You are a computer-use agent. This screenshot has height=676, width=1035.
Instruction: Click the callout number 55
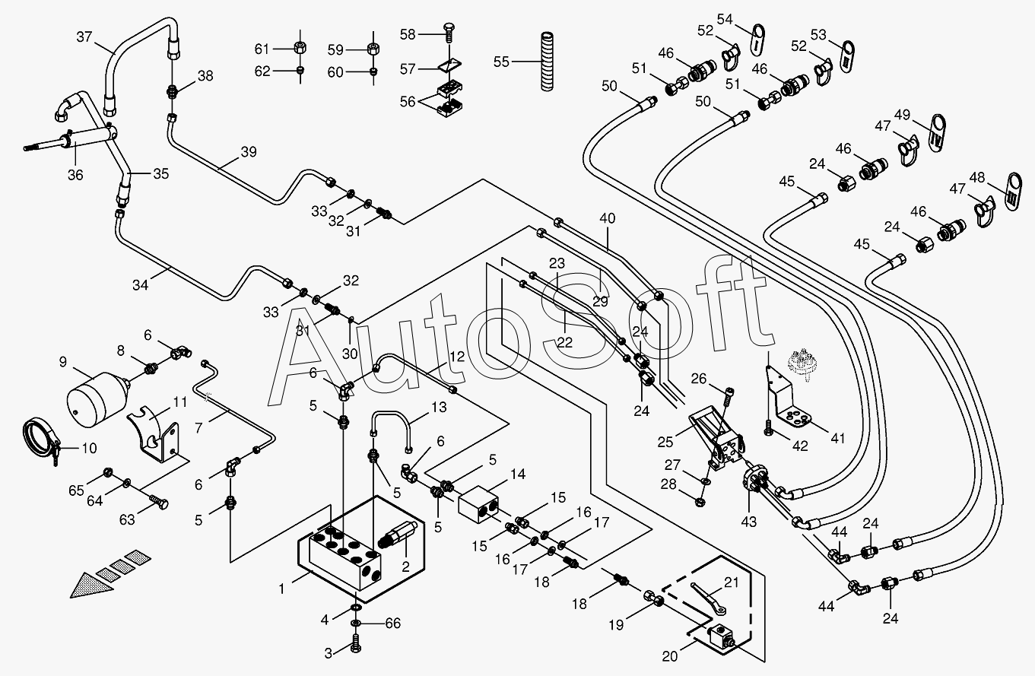coord(501,62)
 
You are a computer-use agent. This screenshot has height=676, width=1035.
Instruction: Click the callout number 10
coord(89,449)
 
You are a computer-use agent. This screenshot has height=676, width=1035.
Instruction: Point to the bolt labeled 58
coord(449,33)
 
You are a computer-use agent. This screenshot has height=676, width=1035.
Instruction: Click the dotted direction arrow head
coord(84,584)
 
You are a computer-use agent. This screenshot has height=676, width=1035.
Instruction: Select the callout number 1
coord(282,588)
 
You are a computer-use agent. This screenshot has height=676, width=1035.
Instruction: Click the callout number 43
coord(748,522)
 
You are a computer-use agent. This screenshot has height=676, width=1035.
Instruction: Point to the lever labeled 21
coord(712,597)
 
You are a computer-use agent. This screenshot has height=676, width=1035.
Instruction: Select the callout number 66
coord(392,624)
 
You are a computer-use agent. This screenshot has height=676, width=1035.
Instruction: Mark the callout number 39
coord(249,153)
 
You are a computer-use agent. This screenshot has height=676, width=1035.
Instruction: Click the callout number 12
coord(456,356)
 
